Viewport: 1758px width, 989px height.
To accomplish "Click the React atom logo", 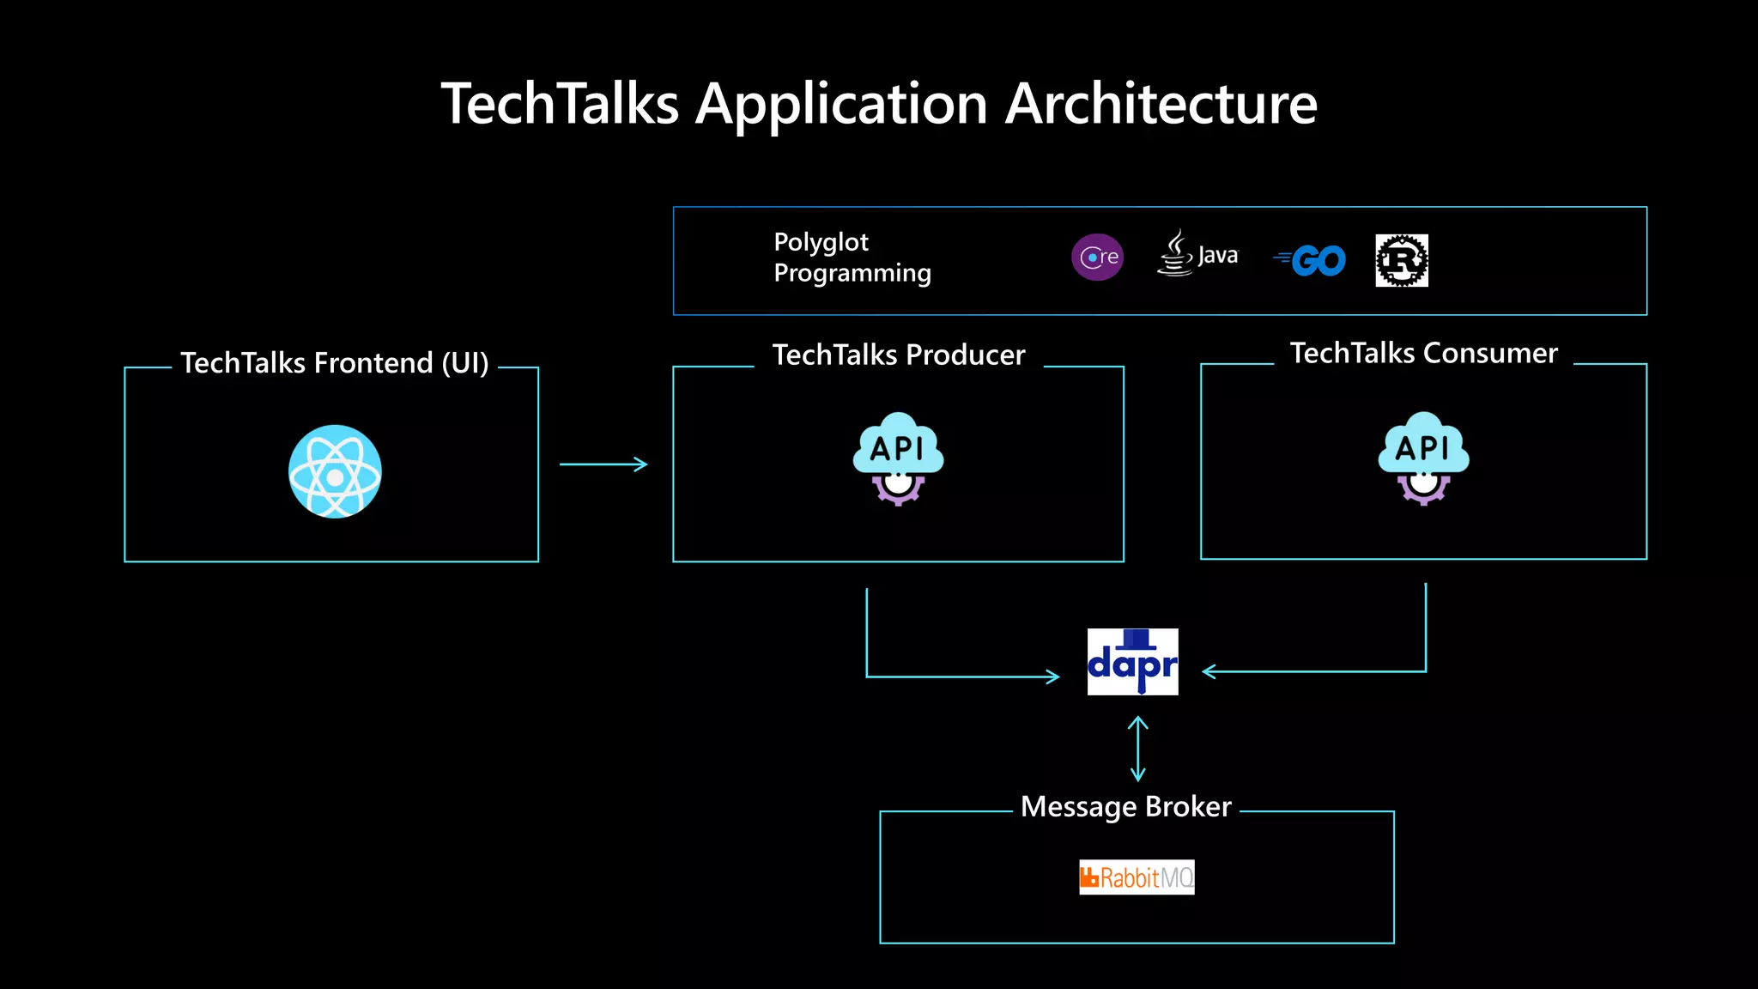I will (x=335, y=471).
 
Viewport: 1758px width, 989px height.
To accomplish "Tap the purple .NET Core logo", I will (x=1097, y=257).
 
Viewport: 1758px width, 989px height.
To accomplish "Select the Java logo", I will (x=1197, y=254).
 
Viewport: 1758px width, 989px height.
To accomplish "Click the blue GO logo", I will (x=1311, y=260).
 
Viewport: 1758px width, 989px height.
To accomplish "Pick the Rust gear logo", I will (x=1401, y=260).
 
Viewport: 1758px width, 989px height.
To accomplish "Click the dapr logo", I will (x=1132, y=662).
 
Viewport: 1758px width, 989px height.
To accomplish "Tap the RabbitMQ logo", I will (x=1137, y=877).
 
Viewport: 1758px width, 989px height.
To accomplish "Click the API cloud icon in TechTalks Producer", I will (x=898, y=458).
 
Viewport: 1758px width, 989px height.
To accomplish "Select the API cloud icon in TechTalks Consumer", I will (x=1423, y=458).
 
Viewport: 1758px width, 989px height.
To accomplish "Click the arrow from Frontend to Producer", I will (x=603, y=464).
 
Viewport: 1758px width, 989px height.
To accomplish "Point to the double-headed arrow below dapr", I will (x=1137, y=749).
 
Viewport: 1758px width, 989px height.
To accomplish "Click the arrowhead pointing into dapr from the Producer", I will (x=1053, y=677).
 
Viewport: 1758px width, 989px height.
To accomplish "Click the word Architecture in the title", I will (x=1161, y=104).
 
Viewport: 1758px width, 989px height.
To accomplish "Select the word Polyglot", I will (x=821, y=243).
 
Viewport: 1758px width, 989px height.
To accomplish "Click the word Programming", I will (x=852, y=273).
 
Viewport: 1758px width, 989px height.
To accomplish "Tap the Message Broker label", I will (x=1125, y=807).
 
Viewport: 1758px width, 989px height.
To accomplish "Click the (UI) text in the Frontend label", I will (x=464, y=363).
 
